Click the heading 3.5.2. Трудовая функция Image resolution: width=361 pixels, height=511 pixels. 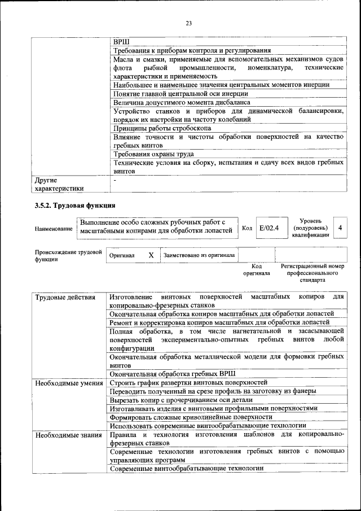(75, 206)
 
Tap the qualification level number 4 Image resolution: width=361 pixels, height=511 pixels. (340, 228)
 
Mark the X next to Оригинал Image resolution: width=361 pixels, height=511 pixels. (151, 255)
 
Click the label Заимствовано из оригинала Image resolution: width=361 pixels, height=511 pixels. (199, 255)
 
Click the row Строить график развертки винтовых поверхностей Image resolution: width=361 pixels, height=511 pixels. (188, 383)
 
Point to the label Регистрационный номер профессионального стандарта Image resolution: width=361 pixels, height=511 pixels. (312, 273)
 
